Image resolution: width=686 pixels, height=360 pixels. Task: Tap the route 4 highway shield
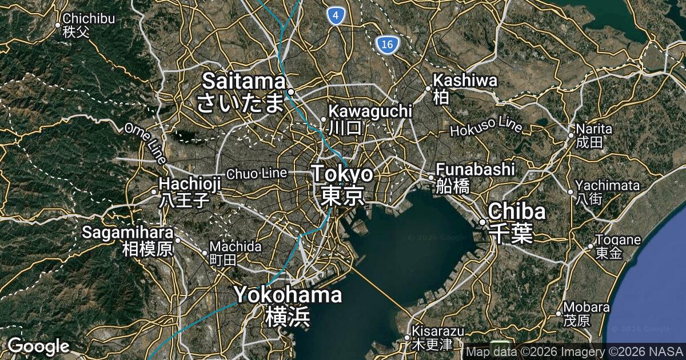pos(336,15)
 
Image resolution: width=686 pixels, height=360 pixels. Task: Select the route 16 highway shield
pos(387,45)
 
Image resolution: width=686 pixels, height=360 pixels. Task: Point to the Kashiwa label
pos(465,87)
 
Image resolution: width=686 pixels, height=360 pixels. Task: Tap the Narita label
pos(593,135)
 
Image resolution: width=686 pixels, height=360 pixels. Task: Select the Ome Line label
pos(145,141)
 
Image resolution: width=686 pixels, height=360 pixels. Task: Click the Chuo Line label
pos(257,173)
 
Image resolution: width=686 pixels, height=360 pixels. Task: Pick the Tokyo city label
pos(342,184)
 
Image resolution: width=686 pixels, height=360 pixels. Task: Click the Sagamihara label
pos(128,240)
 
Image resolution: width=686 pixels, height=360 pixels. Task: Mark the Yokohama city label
pos(289,305)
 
